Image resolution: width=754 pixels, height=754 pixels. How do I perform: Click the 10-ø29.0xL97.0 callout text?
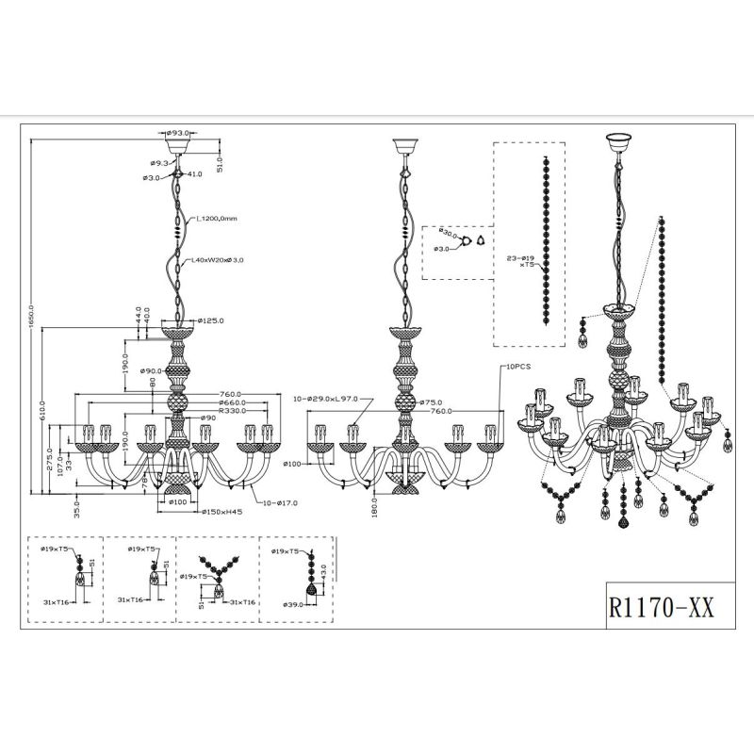[327, 400]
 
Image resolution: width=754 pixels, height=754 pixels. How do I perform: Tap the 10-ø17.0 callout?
[279, 503]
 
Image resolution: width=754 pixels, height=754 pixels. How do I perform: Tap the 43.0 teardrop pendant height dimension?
[322, 572]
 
